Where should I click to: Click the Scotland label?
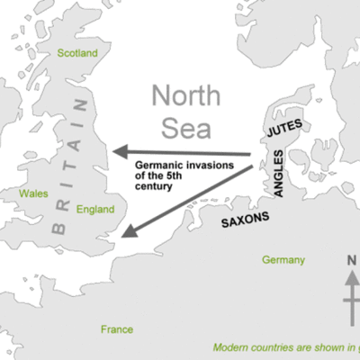point(77,54)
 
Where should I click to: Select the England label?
point(95,210)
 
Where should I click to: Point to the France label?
point(117,329)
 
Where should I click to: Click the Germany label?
point(283,260)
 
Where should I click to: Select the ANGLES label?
point(278,174)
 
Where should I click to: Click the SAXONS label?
point(245,220)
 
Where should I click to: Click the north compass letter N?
point(351,262)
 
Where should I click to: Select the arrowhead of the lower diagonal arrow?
point(127,232)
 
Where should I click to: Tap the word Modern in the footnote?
point(232,346)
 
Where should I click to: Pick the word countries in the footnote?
point(276,346)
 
